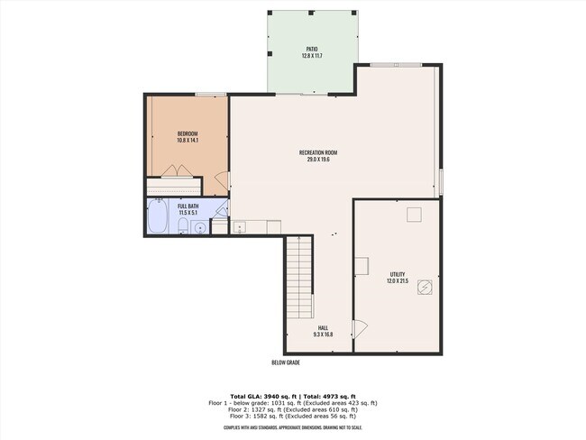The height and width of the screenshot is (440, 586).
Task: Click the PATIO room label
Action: tap(311, 50)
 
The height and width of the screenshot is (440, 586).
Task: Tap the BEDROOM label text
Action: tap(187, 134)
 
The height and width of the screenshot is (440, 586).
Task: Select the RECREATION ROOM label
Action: tap(318, 153)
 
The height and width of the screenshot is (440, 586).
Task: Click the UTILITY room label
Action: tap(397, 274)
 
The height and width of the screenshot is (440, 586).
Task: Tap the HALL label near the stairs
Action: tap(323, 328)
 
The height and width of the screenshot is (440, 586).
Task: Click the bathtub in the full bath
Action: tap(157, 217)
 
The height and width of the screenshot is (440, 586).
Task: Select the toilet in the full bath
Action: tap(183, 225)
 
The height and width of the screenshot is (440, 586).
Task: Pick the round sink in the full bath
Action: tap(199, 226)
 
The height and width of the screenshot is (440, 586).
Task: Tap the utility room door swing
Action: tap(360, 330)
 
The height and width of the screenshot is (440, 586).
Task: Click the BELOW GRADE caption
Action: tap(285, 362)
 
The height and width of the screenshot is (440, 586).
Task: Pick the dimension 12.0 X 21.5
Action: tap(397, 281)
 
